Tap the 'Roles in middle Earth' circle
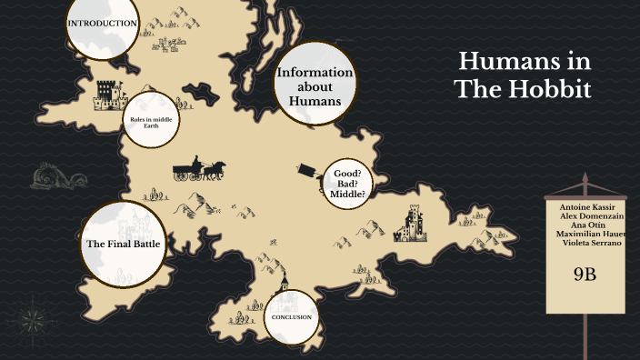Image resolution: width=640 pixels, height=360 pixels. [151, 122]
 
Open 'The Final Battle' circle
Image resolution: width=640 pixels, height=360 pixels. [123, 243]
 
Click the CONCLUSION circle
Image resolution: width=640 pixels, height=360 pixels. [292, 317]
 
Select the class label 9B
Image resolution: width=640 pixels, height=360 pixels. [585, 274]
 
